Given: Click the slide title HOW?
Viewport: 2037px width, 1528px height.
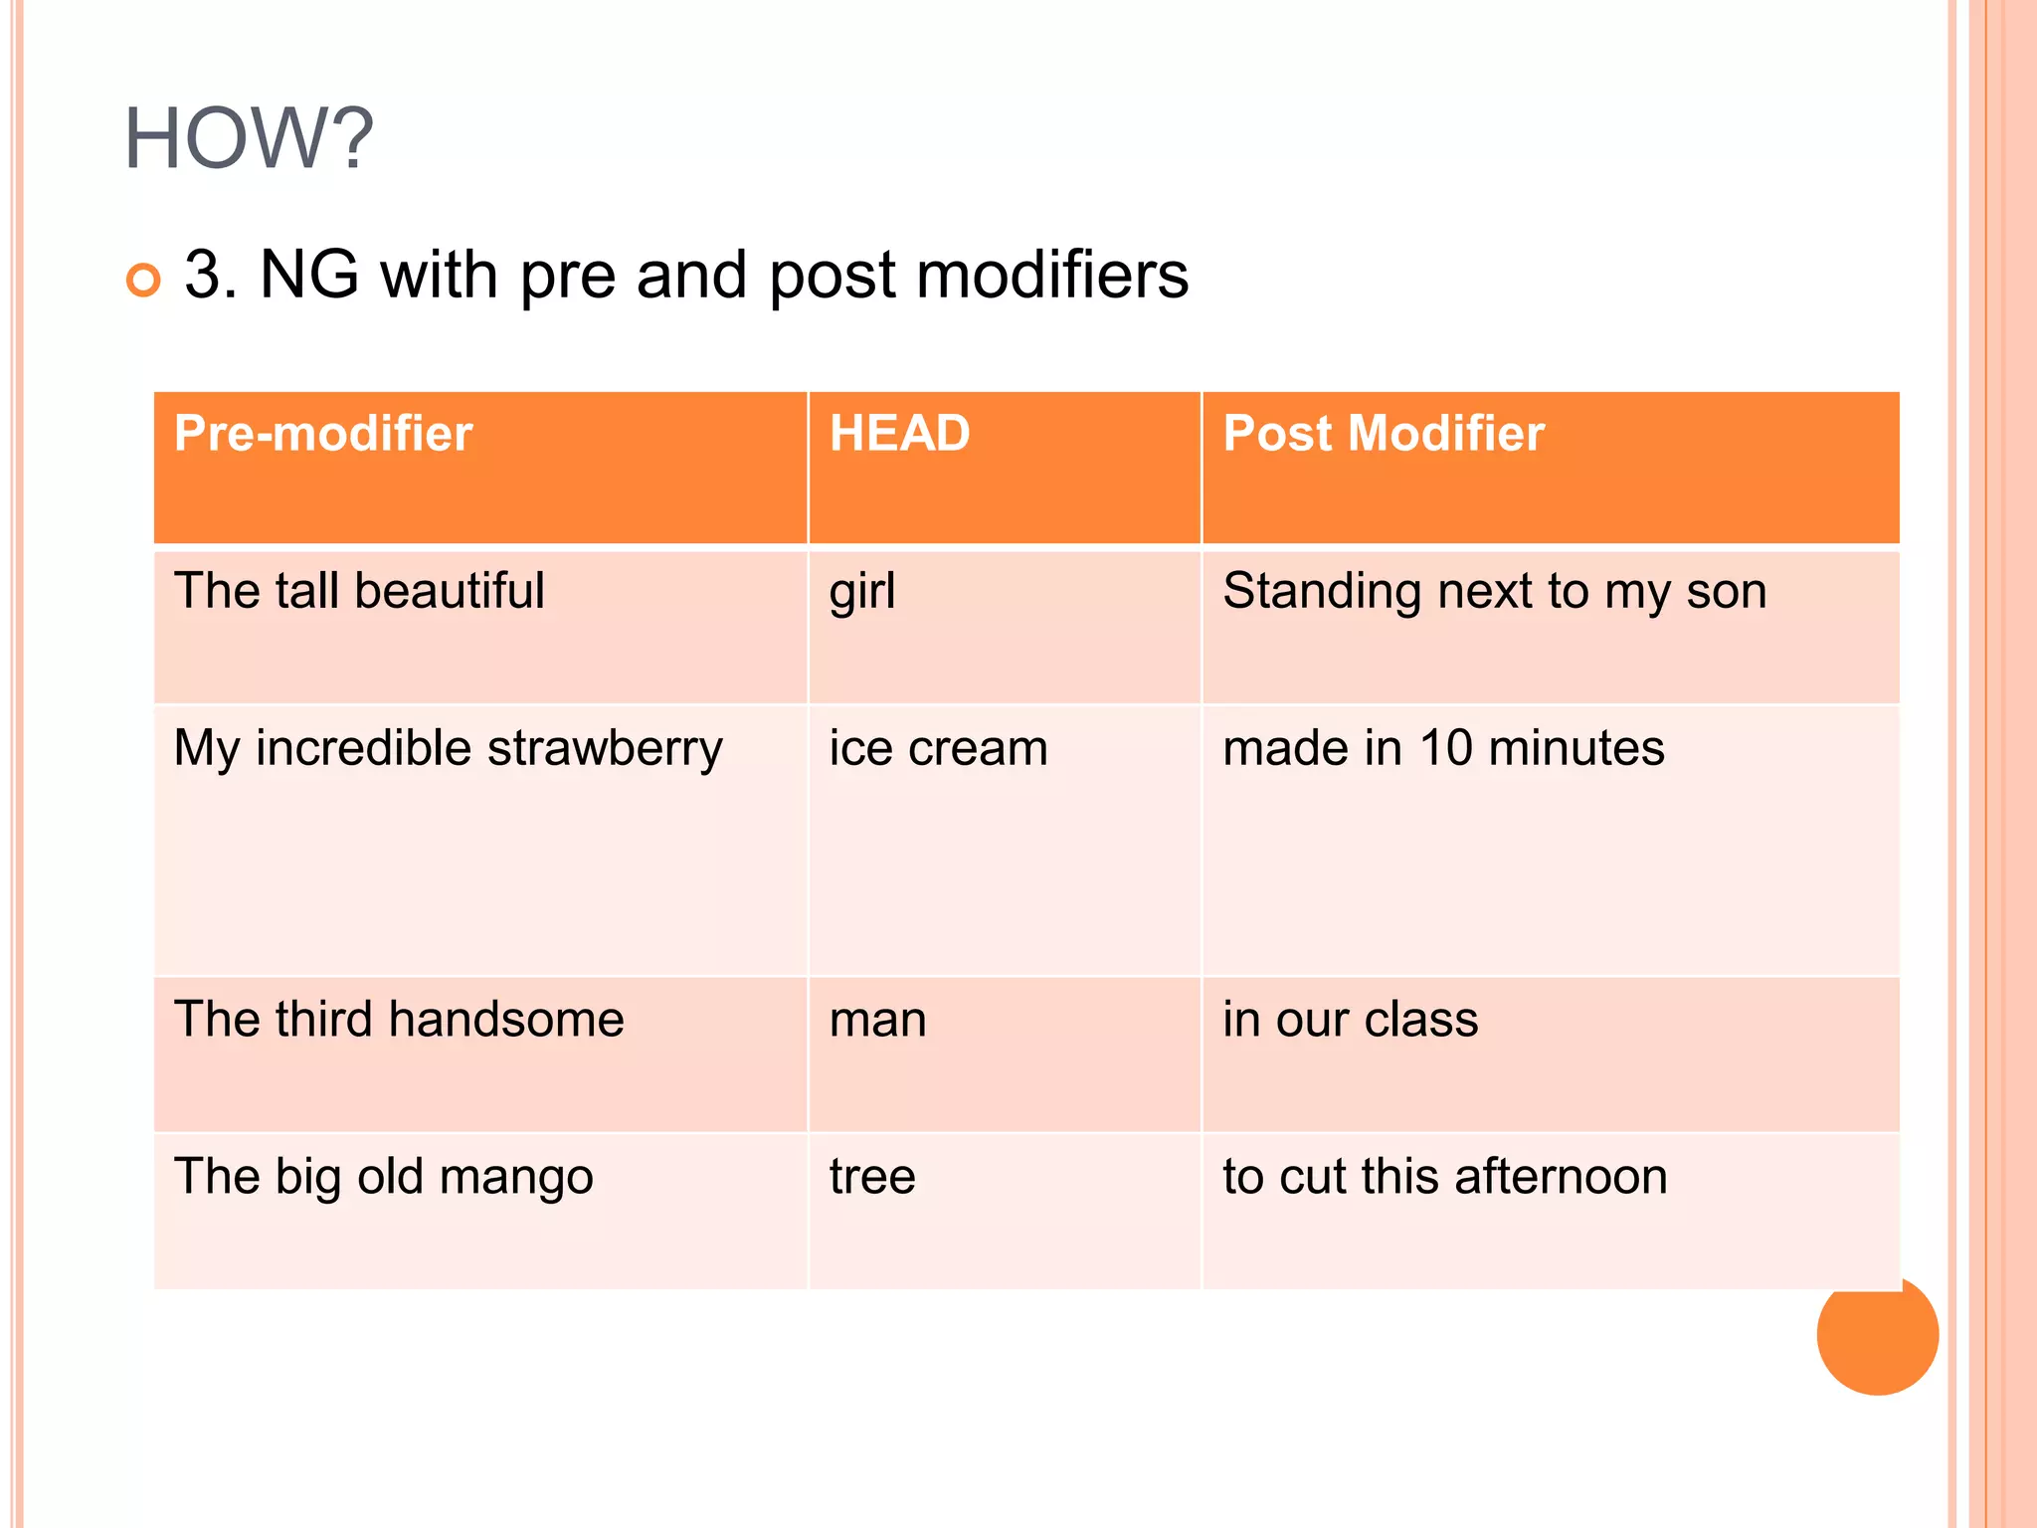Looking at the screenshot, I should click(249, 139).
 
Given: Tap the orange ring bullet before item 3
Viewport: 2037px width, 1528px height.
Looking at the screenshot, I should click(143, 281).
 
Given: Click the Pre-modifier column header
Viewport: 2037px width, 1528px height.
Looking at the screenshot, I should click(323, 434).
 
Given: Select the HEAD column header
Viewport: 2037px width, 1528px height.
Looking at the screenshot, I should click(899, 434).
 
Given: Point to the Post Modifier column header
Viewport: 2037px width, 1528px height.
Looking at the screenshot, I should click(1383, 434).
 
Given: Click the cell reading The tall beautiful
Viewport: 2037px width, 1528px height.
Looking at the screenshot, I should click(359, 591).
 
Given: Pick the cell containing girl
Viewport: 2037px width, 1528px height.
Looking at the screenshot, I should click(862, 591).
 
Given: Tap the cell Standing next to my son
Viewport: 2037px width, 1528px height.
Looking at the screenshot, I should click(1494, 591).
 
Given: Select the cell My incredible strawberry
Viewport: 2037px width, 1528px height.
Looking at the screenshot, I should click(448, 748).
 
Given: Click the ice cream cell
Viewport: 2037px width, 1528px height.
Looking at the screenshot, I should click(938, 748).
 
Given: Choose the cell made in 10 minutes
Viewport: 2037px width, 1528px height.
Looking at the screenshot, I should click(1442, 748).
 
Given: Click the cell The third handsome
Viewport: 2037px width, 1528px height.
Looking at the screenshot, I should click(399, 1020).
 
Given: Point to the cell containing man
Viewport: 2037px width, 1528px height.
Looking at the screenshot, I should click(877, 1020).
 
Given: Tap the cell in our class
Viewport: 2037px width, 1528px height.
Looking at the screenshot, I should click(1350, 1020).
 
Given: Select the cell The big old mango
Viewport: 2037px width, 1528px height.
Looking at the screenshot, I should click(383, 1177).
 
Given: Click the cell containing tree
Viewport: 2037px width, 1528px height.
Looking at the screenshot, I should click(872, 1177).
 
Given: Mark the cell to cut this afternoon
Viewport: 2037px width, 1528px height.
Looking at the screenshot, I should click(1444, 1177).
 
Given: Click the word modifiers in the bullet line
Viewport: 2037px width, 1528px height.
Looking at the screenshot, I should click(1051, 276).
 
